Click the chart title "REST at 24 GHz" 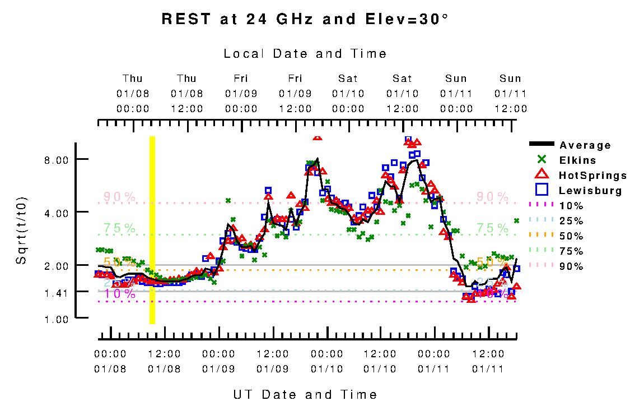coord(305,19)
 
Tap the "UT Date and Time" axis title coord(305,395)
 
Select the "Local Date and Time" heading coord(305,54)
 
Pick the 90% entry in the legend coord(571,266)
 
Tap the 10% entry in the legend coord(571,206)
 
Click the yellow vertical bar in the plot coord(152,230)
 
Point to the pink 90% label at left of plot coord(119,197)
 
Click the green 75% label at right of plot coord(492,228)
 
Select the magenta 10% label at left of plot coord(119,293)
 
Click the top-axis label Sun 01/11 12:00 coord(510,93)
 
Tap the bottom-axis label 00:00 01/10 coord(327,361)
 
